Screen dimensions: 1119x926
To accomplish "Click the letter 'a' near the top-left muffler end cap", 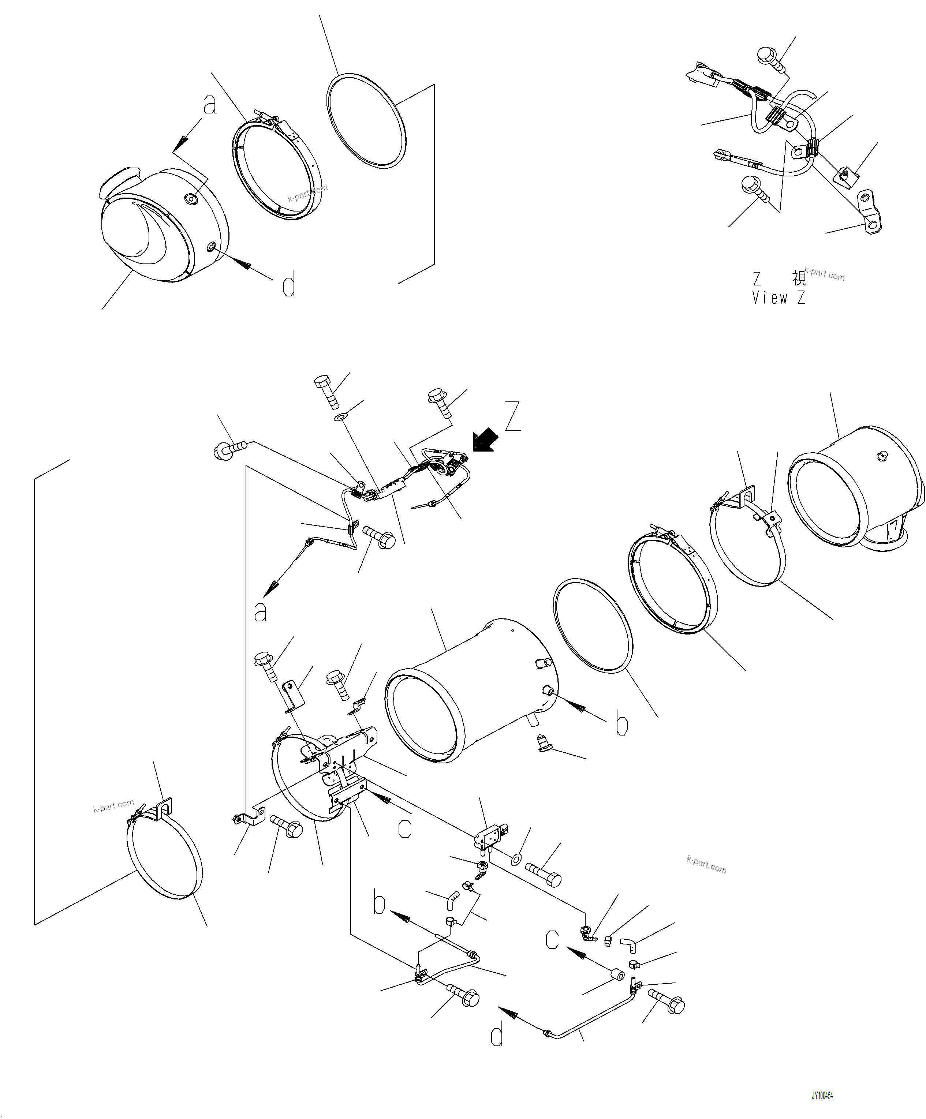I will tap(210, 105).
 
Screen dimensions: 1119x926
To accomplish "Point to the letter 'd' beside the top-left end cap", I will tap(288, 286).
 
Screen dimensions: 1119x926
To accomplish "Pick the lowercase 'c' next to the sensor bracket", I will tap(405, 827).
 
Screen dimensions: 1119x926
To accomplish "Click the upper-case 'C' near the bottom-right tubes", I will tap(552, 939).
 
